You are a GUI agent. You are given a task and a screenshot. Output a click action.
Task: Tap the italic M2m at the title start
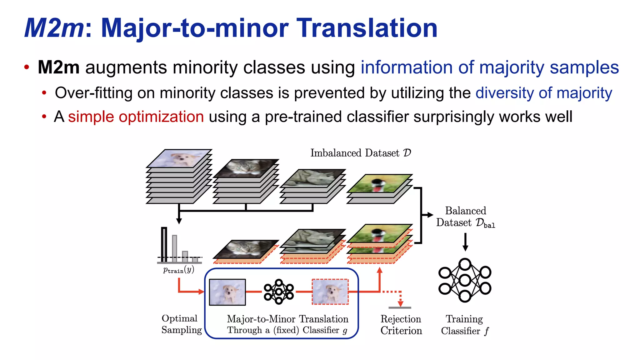point(54,28)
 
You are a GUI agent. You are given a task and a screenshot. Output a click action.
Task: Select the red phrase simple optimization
point(136,117)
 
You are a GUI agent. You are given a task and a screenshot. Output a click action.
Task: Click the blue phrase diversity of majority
point(544,93)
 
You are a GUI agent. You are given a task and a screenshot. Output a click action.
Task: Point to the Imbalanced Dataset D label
point(360,153)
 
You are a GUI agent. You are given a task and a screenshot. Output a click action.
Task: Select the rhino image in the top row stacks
point(312,178)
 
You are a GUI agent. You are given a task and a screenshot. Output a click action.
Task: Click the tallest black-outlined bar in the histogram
point(164,244)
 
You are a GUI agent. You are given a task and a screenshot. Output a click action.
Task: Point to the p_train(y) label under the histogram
point(178,270)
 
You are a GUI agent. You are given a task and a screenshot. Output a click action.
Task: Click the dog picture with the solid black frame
point(227,292)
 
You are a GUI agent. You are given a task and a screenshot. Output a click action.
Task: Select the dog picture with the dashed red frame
point(330,292)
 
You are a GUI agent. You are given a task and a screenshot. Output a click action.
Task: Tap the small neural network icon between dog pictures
point(278,292)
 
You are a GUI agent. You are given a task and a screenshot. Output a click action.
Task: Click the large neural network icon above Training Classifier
point(465,280)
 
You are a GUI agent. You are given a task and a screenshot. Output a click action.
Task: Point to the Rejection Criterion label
point(401,325)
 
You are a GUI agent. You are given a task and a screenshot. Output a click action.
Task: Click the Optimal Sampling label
point(181,324)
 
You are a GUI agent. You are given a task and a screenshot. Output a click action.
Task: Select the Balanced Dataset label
point(465,217)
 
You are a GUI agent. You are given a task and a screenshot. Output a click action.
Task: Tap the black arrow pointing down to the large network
point(465,242)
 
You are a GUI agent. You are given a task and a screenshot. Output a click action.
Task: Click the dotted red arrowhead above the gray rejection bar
point(400,303)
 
